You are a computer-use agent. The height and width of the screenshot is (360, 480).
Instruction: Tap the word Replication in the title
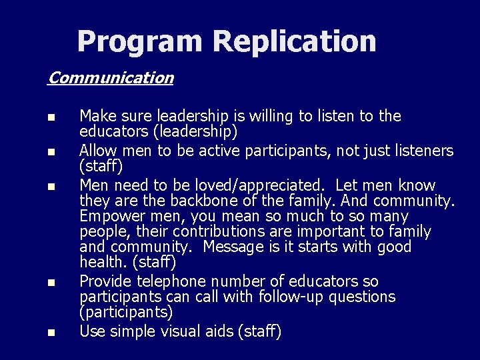pyautogui.click(x=295, y=41)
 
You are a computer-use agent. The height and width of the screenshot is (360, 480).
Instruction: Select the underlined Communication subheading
pyautogui.click(x=111, y=77)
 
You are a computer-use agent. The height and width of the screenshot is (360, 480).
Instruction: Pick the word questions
pyautogui.click(x=363, y=297)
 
